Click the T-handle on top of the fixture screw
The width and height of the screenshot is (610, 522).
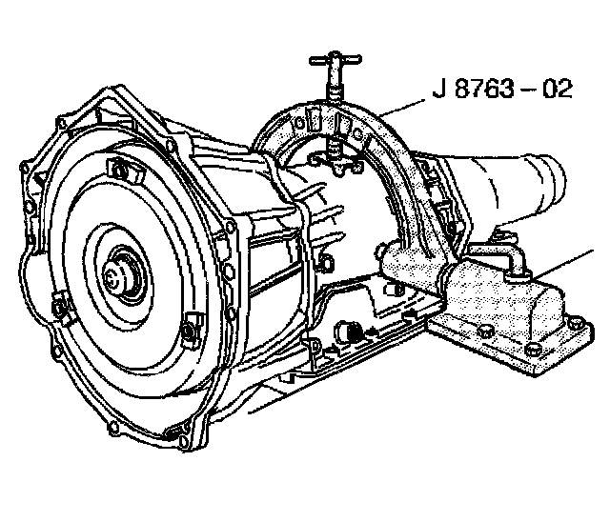[x=335, y=60]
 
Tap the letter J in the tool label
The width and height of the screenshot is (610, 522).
[x=439, y=90]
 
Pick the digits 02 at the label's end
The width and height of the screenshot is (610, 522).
[x=559, y=90]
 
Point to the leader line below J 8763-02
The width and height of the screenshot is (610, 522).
[x=402, y=108]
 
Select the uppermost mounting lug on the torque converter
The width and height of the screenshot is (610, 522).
[x=121, y=170]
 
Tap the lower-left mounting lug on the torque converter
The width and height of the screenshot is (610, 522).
[x=61, y=307]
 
